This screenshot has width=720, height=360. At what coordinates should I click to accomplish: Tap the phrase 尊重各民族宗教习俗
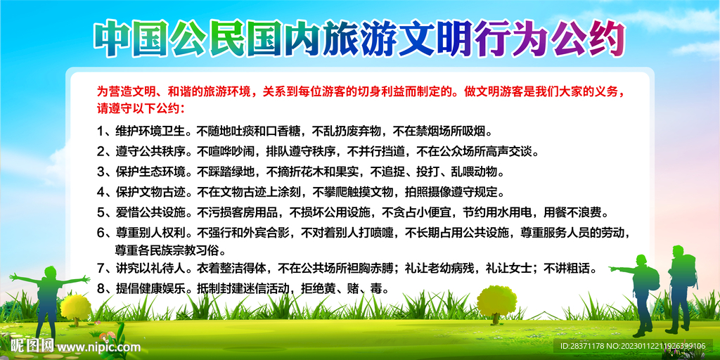tap(171, 250)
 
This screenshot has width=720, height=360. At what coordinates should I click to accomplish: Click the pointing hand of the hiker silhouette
tap(611, 269)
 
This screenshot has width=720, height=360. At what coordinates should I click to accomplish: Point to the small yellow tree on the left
tap(75, 307)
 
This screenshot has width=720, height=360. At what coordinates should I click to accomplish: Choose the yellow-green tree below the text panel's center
tap(497, 301)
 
